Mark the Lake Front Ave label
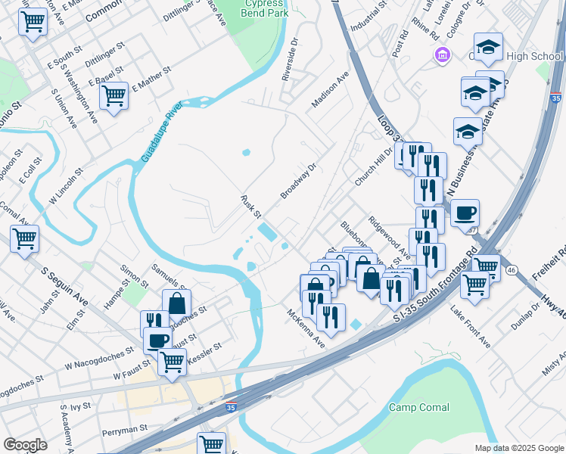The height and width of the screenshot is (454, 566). click(470, 328)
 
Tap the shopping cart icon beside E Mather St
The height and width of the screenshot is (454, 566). click(114, 95)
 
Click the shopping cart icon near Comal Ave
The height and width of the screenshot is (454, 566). click(25, 238)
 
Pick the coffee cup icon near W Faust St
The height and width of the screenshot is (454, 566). click(157, 340)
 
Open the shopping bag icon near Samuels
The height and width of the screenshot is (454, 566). click(176, 303)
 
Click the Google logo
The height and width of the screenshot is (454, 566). click(25, 445)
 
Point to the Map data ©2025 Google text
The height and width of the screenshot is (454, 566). click(518, 448)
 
